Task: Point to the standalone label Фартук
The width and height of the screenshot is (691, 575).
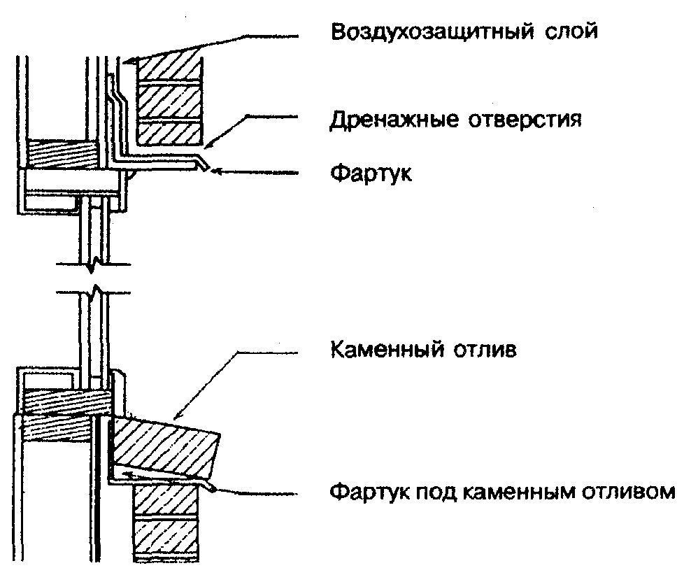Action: point(371,174)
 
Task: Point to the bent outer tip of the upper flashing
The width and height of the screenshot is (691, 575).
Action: point(203,166)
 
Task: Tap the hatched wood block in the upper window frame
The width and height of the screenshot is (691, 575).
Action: point(62,153)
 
